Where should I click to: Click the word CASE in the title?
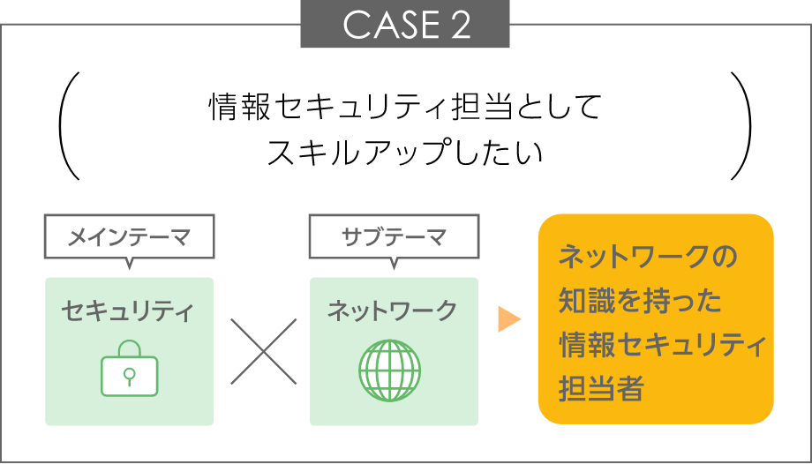(387, 26)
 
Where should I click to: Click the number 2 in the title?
(460, 26)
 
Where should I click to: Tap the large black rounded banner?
(432, 126)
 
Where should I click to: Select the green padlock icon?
(130, 369)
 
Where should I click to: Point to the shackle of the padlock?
(130, 348)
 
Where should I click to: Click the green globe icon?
(389, 370)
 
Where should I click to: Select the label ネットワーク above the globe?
(392, 311)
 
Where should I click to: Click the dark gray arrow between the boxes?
(265, 351)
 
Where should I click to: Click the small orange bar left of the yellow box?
(517, 318)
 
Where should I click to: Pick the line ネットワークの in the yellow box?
(647, 258)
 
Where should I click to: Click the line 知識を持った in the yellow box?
(640, 302)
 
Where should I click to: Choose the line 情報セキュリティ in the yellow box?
(662, 345)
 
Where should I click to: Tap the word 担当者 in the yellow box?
(600, 388)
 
